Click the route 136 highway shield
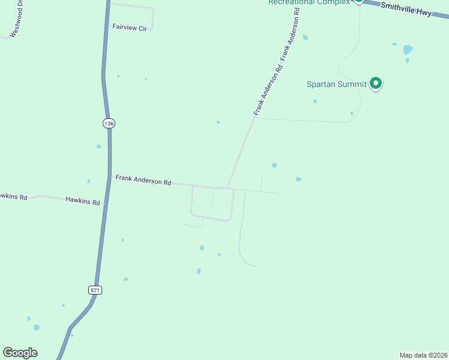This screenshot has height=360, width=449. [x=108, y=123]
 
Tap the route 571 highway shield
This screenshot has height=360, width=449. [x=95, y=290]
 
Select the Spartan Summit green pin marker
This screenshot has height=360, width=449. [x=376, y=83]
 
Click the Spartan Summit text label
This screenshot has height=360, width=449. [x=336, y=84]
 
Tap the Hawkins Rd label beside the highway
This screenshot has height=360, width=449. [x=83, y=202]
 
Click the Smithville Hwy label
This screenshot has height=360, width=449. [x=406, y=9]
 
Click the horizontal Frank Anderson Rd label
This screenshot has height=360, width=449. [x=143, y=179]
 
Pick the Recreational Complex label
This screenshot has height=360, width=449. [x=309, y=2]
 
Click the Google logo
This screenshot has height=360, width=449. [x=20, y=353]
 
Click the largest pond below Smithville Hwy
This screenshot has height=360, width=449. [x=408, y=49]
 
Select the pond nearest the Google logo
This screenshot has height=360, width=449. [x=37, y=328]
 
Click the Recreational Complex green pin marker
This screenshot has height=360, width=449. [x=358, y=1]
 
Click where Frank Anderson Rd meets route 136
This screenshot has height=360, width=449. [x=110, y=176]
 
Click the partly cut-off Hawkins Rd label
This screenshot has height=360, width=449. [x=13, y=196]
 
